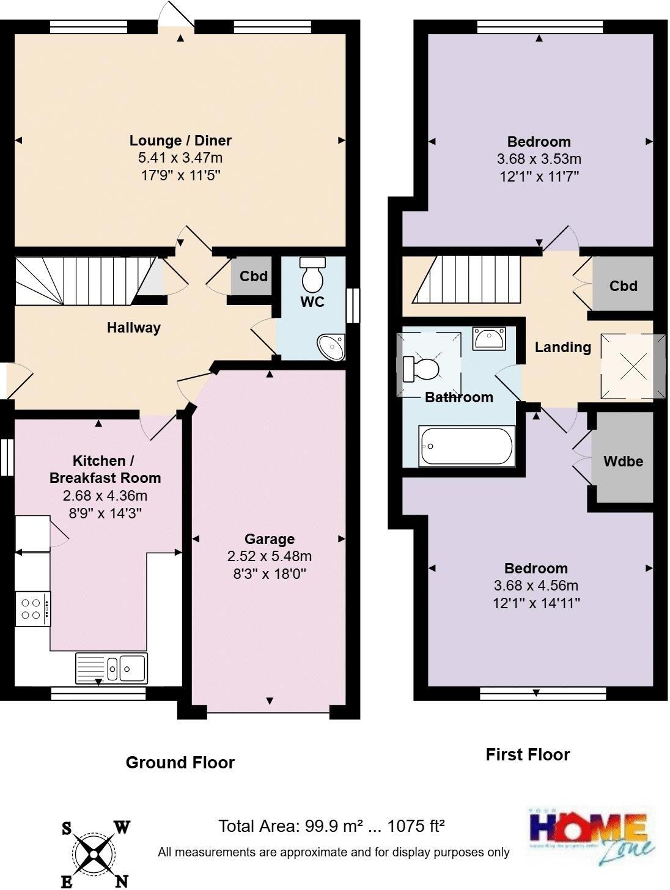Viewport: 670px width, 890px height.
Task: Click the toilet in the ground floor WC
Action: coord(313,275)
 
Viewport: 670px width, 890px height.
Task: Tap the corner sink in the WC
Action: coord(333,347)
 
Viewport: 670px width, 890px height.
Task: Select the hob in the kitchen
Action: coord(32,608)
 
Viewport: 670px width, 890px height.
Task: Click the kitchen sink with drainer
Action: coord(111,668)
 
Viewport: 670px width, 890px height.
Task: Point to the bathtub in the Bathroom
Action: coord(466,446)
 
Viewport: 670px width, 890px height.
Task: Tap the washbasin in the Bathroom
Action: coord(488,338)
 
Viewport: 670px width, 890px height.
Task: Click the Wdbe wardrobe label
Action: coord(623,462)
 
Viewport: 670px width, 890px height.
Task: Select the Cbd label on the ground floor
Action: coord(253,276)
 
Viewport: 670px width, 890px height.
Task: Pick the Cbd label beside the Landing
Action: coord(623,285)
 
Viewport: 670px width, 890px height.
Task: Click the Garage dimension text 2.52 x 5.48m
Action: coord(269,556)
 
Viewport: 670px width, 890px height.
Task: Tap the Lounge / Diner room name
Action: coord(180,141)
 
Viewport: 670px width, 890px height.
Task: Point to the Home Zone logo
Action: coord(591,835)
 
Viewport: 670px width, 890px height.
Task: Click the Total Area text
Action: coord(331,826)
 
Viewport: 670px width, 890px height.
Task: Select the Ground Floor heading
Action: coord(180,762)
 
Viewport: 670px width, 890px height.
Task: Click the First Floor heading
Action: coord(528,754)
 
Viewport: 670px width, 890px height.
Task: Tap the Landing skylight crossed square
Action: coord(633,367)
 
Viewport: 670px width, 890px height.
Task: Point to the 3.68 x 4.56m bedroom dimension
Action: coord(536,586)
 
